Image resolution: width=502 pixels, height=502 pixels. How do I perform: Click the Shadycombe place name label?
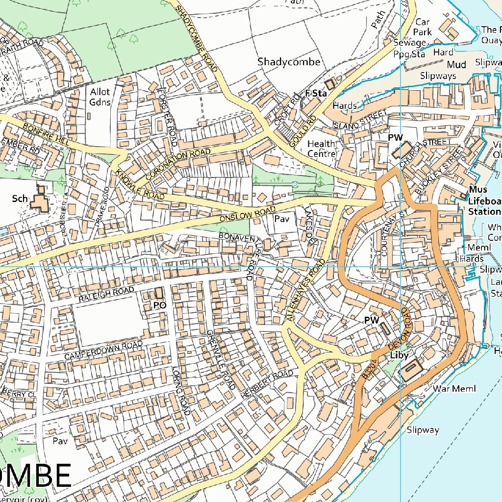(x=289, y=62)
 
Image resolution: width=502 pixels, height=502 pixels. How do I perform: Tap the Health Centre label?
(x=322, y=149)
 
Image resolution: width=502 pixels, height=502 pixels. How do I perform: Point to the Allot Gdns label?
(x=100, y=97)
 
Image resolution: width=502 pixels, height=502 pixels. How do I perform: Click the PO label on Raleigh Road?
(x=160, y=305)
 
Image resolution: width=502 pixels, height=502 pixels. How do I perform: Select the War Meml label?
(x=454, y=389)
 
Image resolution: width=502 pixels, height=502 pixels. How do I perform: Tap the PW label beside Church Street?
(x=395, y=138)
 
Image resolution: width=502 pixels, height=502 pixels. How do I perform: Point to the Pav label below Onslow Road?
(x=282, y=219)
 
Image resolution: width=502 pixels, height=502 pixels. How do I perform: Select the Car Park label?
(x=423, y=27)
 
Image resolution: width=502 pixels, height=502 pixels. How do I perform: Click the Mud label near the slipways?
(x=456, y=65)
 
